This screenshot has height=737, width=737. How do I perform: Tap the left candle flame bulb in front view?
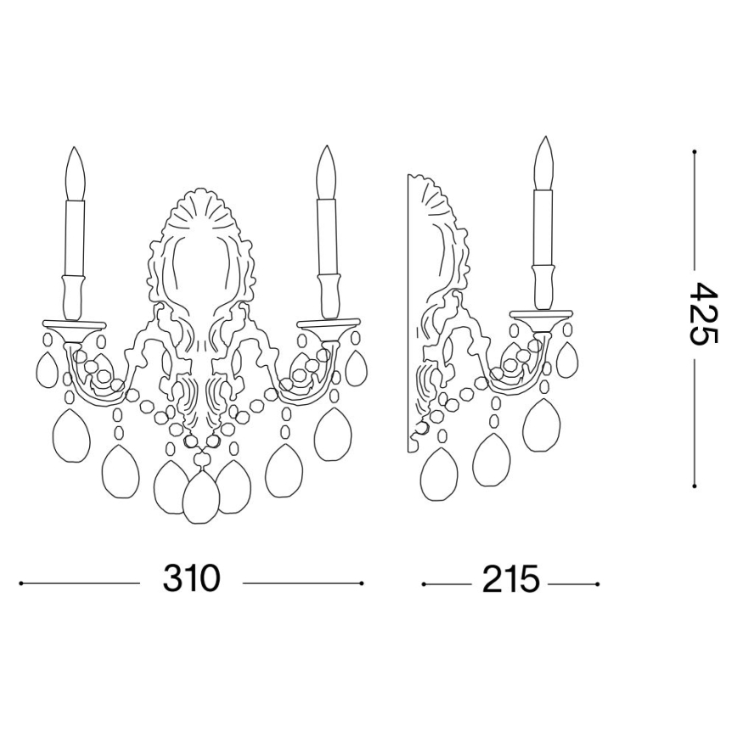pyautogui.click(x=76, y=174)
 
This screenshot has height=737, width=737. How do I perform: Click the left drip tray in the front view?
pyautogui.click(x=74, y=324)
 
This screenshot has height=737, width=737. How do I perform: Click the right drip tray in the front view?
pyautogui.click(x=329, y=323)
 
